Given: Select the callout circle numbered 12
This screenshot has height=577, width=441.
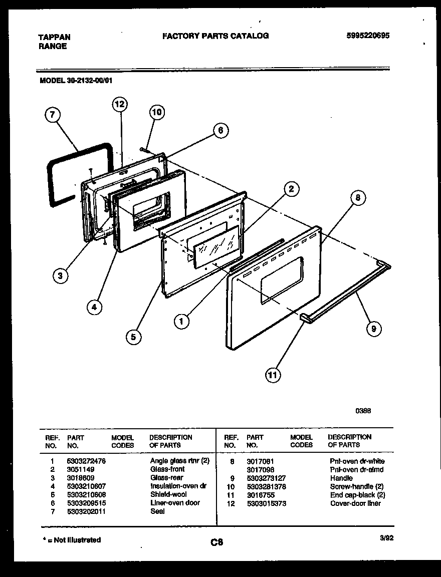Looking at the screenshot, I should point(119,104).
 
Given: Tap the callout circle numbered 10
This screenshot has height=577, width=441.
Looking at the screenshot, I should point(157,113).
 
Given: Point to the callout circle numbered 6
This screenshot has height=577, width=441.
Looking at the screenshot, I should point(219,131).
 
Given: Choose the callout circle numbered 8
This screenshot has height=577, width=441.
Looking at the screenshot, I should point(357,198).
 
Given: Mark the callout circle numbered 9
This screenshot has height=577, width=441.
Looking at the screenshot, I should point(373,329).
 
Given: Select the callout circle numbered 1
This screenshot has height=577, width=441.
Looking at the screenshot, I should point(182,321).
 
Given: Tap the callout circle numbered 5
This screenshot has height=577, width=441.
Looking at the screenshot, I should point(133,337).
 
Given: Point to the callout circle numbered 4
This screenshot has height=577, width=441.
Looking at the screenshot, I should point(94,307).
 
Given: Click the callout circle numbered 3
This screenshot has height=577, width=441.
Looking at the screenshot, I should point(61,275).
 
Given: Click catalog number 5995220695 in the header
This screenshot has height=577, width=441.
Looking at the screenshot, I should point(368,36).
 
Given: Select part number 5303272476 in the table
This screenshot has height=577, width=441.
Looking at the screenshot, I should point(86,461).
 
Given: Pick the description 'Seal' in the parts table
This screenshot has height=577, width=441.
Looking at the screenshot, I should point(157,511).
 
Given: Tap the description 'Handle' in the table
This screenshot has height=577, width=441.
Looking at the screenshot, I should point(341,478).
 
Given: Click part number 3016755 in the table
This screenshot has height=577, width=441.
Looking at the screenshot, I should point(261,495).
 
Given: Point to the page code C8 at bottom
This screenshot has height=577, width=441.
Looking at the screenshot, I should point(216,542).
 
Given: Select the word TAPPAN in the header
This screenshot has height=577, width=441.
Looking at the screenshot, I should point(54,37).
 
